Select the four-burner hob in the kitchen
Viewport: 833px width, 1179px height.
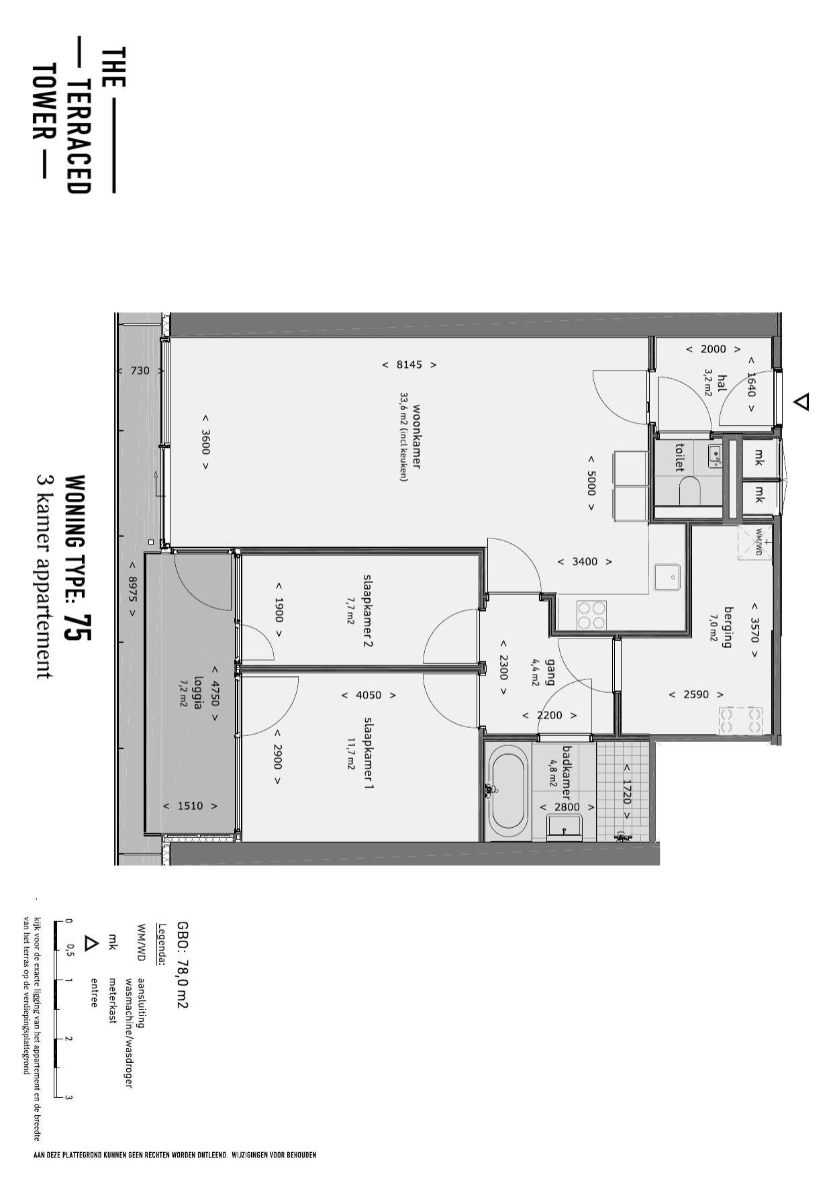[x=592, y=615]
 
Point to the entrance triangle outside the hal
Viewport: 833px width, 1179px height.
[x=801, y=402]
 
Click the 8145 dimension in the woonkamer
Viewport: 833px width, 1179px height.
[x=409, y=365]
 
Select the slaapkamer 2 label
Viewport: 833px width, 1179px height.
[x=368, y=610]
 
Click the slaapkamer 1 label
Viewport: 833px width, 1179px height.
[x=369, y=752]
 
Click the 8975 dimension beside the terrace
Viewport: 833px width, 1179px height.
[x=132, y=589]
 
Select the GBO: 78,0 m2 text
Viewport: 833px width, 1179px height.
[x=182, y=965]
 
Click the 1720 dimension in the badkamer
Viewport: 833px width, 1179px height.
[x=626, y=792]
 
